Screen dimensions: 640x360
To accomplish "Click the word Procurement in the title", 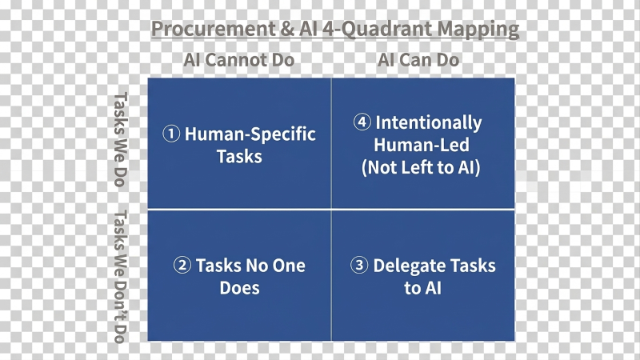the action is [x=214, y=29].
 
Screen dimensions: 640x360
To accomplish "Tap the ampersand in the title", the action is [x=287, y=29].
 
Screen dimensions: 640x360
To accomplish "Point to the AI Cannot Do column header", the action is [x=238, y=60].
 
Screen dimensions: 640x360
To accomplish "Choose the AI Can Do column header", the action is [x=418, y=60].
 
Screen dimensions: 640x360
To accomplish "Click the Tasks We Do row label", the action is [x=121, y=139].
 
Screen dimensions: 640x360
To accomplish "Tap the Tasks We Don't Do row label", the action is [x=121, y=276].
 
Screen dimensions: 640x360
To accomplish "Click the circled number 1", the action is [x=171, y=134].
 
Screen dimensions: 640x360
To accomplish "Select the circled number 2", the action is [x=182, y=265].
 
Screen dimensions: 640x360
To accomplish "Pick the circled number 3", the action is [x=359, y=265].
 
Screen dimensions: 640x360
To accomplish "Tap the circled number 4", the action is [x=362, y=122].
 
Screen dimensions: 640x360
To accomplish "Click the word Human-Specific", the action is [x=250, y=134].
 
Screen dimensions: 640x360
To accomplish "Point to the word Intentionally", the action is [x=429, y=123].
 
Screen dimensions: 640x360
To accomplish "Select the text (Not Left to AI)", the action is [x=421, y=168].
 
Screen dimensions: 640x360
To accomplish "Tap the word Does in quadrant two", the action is [x=239, y=288].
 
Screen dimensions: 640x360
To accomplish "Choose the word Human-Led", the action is [x=422, y=146].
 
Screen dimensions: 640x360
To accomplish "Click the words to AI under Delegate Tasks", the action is [x=423, y=288].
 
